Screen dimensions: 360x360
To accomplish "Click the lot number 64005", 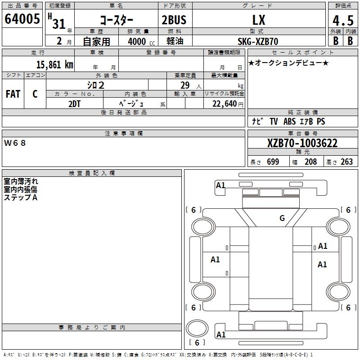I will [22, 20].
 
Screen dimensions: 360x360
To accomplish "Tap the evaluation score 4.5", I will [342, 21].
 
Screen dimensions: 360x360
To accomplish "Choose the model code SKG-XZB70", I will [258, 41].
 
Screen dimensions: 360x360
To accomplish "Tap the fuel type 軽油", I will [174, 41].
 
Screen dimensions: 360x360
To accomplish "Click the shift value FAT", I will [13, 94].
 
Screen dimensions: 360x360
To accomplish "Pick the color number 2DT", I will [75, 103].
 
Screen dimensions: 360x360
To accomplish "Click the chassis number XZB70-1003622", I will [302, 144].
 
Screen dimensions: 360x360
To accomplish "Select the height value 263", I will [346, 162].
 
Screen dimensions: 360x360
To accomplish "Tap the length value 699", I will [273, 162].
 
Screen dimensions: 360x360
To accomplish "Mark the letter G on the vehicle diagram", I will [282, 218].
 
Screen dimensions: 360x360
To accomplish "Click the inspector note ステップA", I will [20, 198].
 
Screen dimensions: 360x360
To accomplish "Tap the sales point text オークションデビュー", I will [288, 63].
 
